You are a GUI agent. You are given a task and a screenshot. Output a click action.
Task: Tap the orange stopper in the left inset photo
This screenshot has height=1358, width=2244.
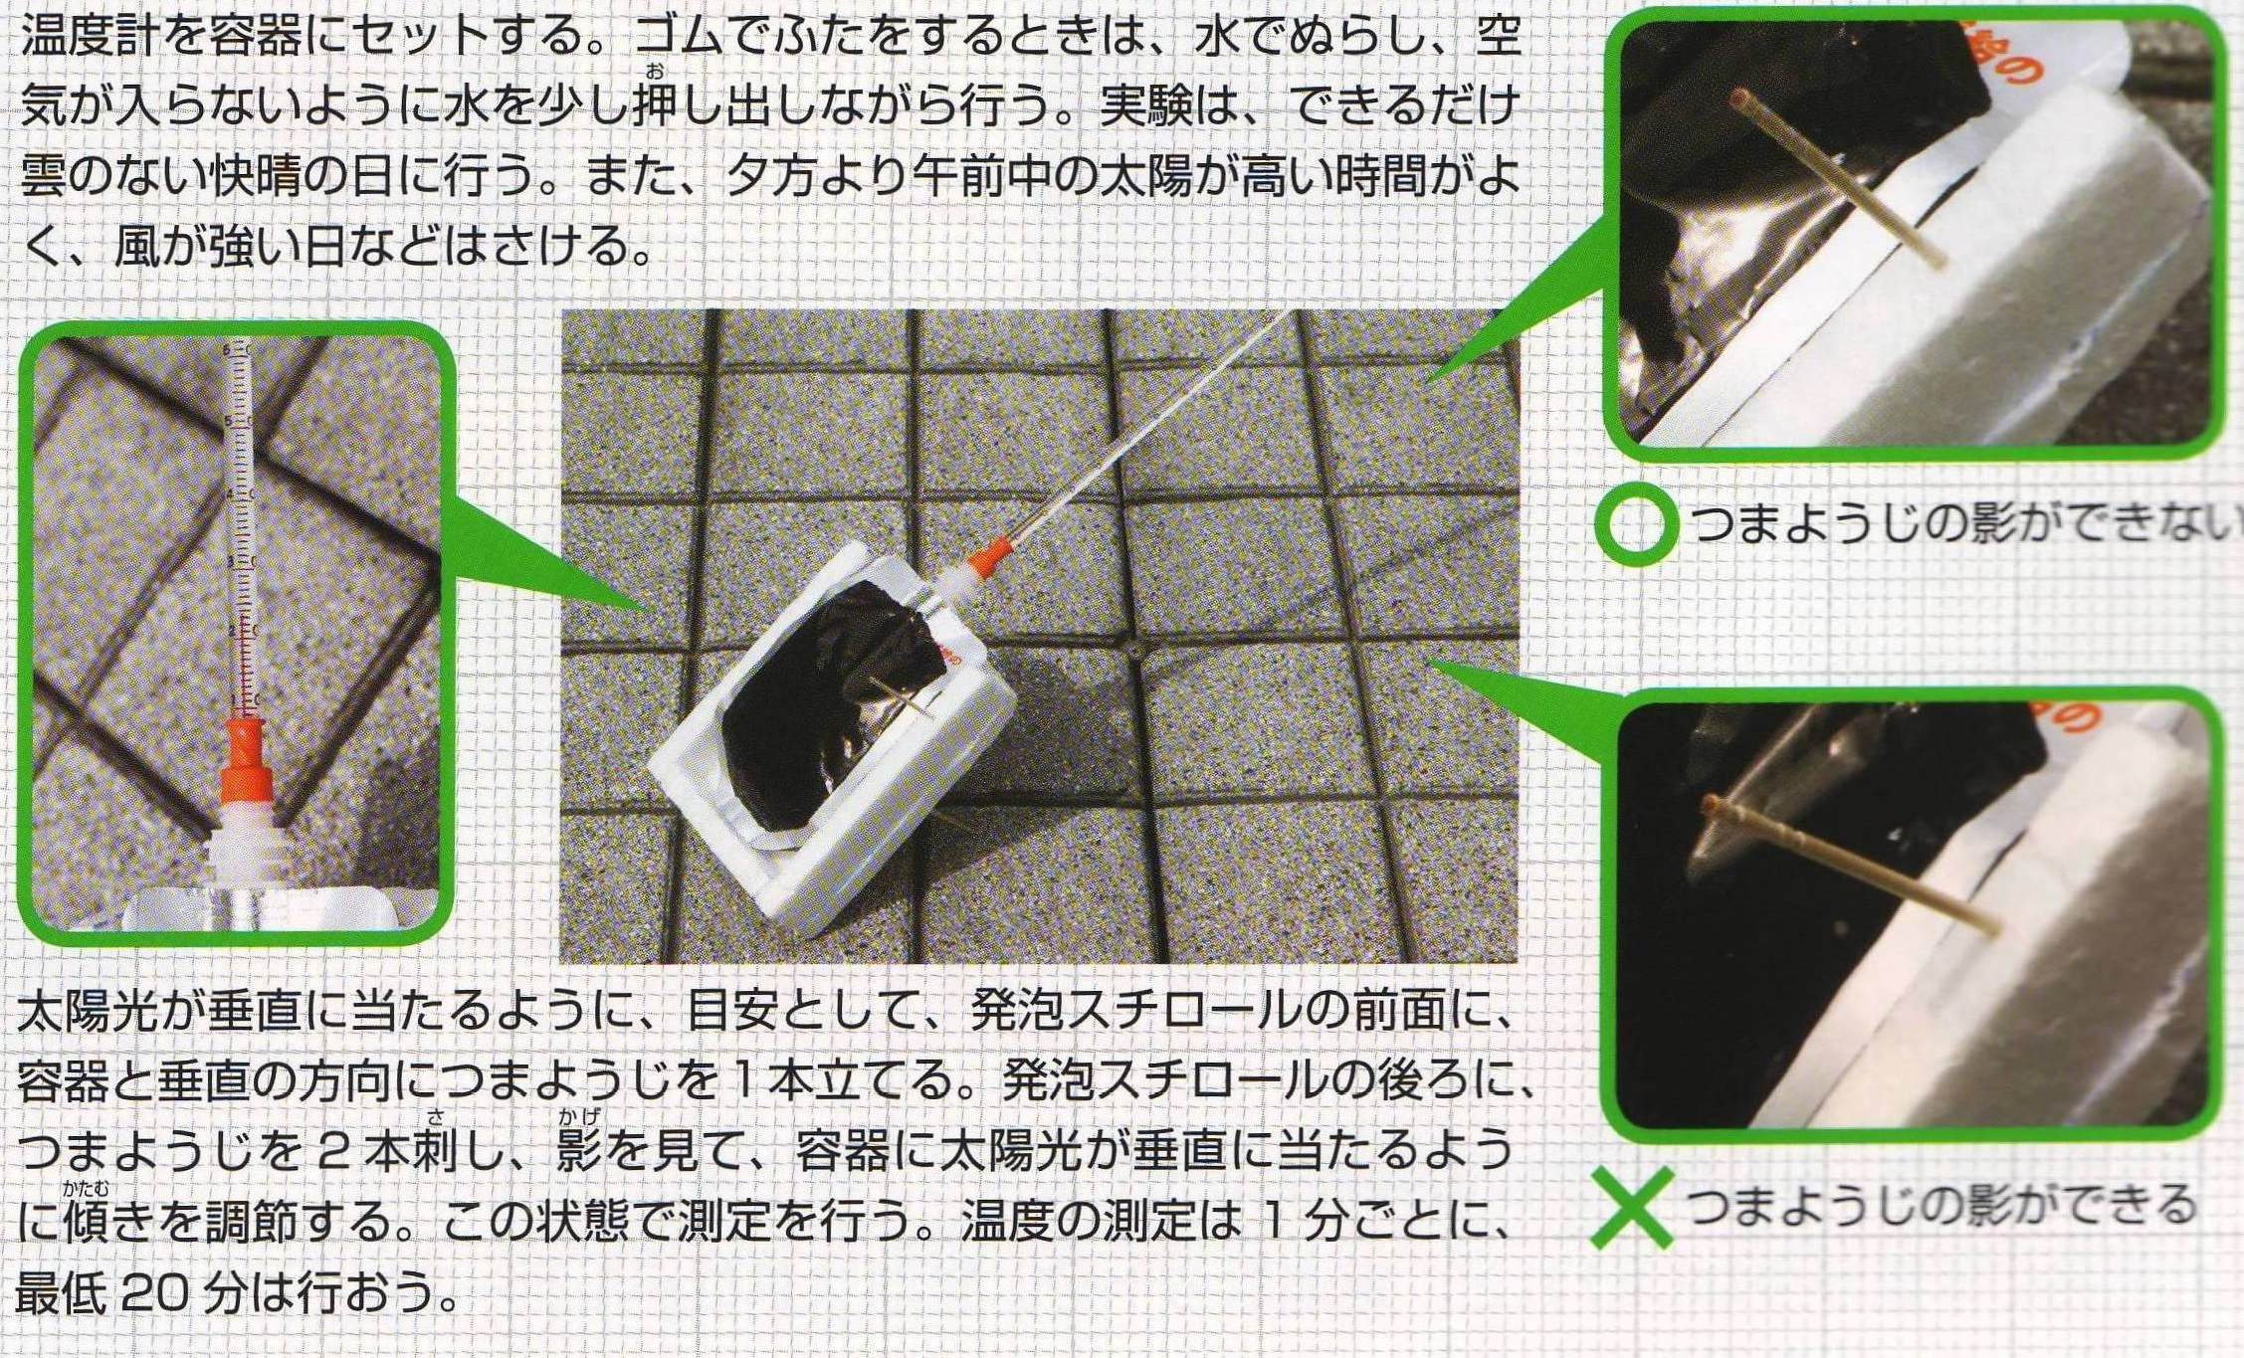click(x=243, y=766)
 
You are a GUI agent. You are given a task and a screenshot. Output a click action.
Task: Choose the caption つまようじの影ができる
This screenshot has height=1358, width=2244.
click(x=1941, y=1205)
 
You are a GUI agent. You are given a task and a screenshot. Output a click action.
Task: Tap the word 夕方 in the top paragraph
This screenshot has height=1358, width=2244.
click(x=770, y=177)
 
